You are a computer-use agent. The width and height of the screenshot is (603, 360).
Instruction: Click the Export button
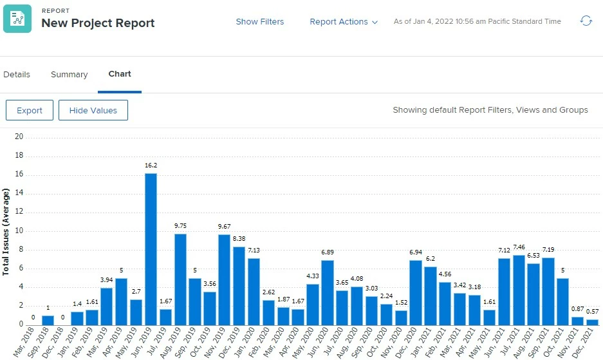tap(30, 110)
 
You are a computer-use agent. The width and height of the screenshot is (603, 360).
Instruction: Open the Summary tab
tap(69, 75)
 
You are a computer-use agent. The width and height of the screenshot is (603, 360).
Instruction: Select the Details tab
tap(17, 75)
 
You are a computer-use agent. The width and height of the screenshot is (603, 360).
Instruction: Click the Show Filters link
tap(259, 21)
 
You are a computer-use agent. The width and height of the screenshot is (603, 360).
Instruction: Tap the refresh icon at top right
tap(586, 21)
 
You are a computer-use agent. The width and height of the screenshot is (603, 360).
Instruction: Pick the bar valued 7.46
tap(519, 289)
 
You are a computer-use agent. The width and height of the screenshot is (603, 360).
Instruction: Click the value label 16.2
tap(151, 166)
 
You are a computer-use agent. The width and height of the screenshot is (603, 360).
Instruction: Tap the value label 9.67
tap(225, 227)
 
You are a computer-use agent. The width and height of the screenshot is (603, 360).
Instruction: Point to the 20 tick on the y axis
tap(19, 137)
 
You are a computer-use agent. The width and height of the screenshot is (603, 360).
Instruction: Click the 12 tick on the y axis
tap(19, 212)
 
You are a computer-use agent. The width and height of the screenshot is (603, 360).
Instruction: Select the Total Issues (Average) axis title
tap(6, 232)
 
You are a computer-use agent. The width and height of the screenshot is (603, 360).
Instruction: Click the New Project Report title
tap(98, 23)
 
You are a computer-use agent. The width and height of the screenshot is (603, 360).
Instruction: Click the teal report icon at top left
tap(17, 18)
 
